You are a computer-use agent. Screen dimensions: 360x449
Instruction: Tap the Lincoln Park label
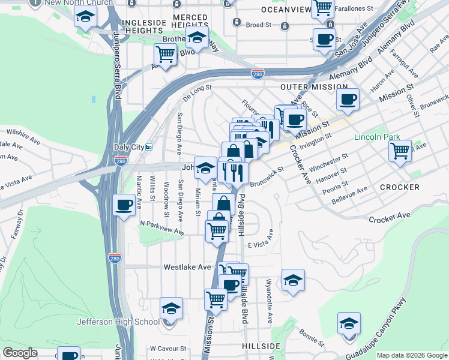click(x=377, y=137)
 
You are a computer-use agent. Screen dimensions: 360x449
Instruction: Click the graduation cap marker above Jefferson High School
click(x=172, y=308)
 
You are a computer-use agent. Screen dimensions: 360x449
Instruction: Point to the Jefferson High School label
click(x=118, y=322)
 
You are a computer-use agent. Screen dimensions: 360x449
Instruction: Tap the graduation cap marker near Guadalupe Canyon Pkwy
click(x=349, y=323)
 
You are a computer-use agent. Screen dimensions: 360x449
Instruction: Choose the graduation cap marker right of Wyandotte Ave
click(x=292, y=280)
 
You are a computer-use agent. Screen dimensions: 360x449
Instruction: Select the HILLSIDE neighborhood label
click(x=261, y=347)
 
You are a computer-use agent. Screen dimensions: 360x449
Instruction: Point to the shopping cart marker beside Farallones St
click(x=323, y=7)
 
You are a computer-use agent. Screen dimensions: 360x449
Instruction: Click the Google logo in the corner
click(x=20, y=353)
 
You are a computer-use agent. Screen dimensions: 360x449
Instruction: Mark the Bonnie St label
click(x=312, y=336)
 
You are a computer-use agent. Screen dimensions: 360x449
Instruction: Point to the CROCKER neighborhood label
click(x=400, y=187)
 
